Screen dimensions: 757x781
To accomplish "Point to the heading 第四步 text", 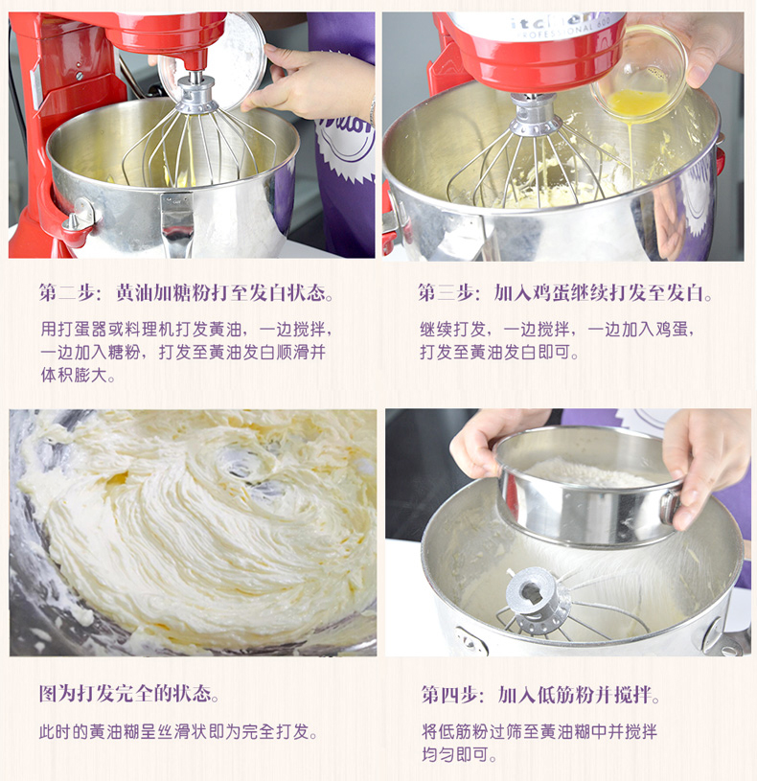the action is [x=452, y=695].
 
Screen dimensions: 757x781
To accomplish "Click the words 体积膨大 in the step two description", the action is [x=74, y=375].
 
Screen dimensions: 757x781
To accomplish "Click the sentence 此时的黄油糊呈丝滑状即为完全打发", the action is [x=178, y=731].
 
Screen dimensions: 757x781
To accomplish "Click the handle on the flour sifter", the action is [x=671, y=507].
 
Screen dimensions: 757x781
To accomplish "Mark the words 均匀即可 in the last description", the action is [x=455, y=754].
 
